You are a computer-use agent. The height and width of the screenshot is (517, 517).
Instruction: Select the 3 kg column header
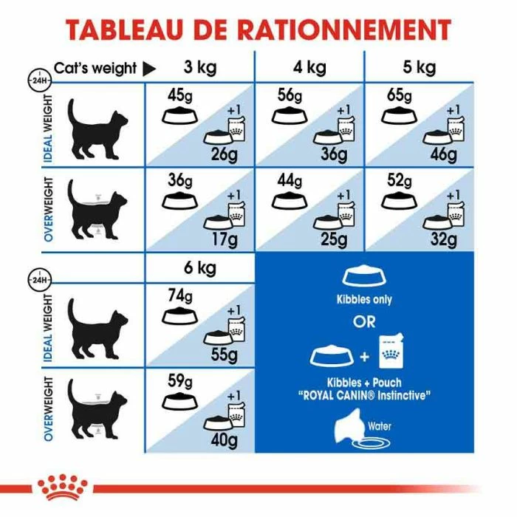[199, 68]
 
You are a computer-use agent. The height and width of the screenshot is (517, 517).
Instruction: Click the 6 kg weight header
[199, 267]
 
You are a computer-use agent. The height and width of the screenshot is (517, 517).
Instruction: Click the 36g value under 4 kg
[334, 154]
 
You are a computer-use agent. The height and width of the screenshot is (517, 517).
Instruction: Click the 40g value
[222, 441]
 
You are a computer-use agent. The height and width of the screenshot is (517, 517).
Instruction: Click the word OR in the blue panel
[364, 322]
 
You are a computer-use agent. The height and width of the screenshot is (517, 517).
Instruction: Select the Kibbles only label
[364, 300]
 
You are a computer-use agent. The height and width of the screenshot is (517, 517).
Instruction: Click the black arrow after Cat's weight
[148, 69]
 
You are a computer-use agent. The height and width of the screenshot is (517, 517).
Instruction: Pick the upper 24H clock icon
[37, 78]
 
